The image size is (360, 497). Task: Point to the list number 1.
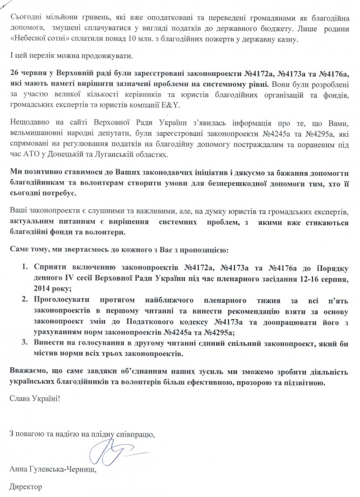click(x=25, y=266)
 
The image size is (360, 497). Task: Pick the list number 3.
click(x=25, y=341)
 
